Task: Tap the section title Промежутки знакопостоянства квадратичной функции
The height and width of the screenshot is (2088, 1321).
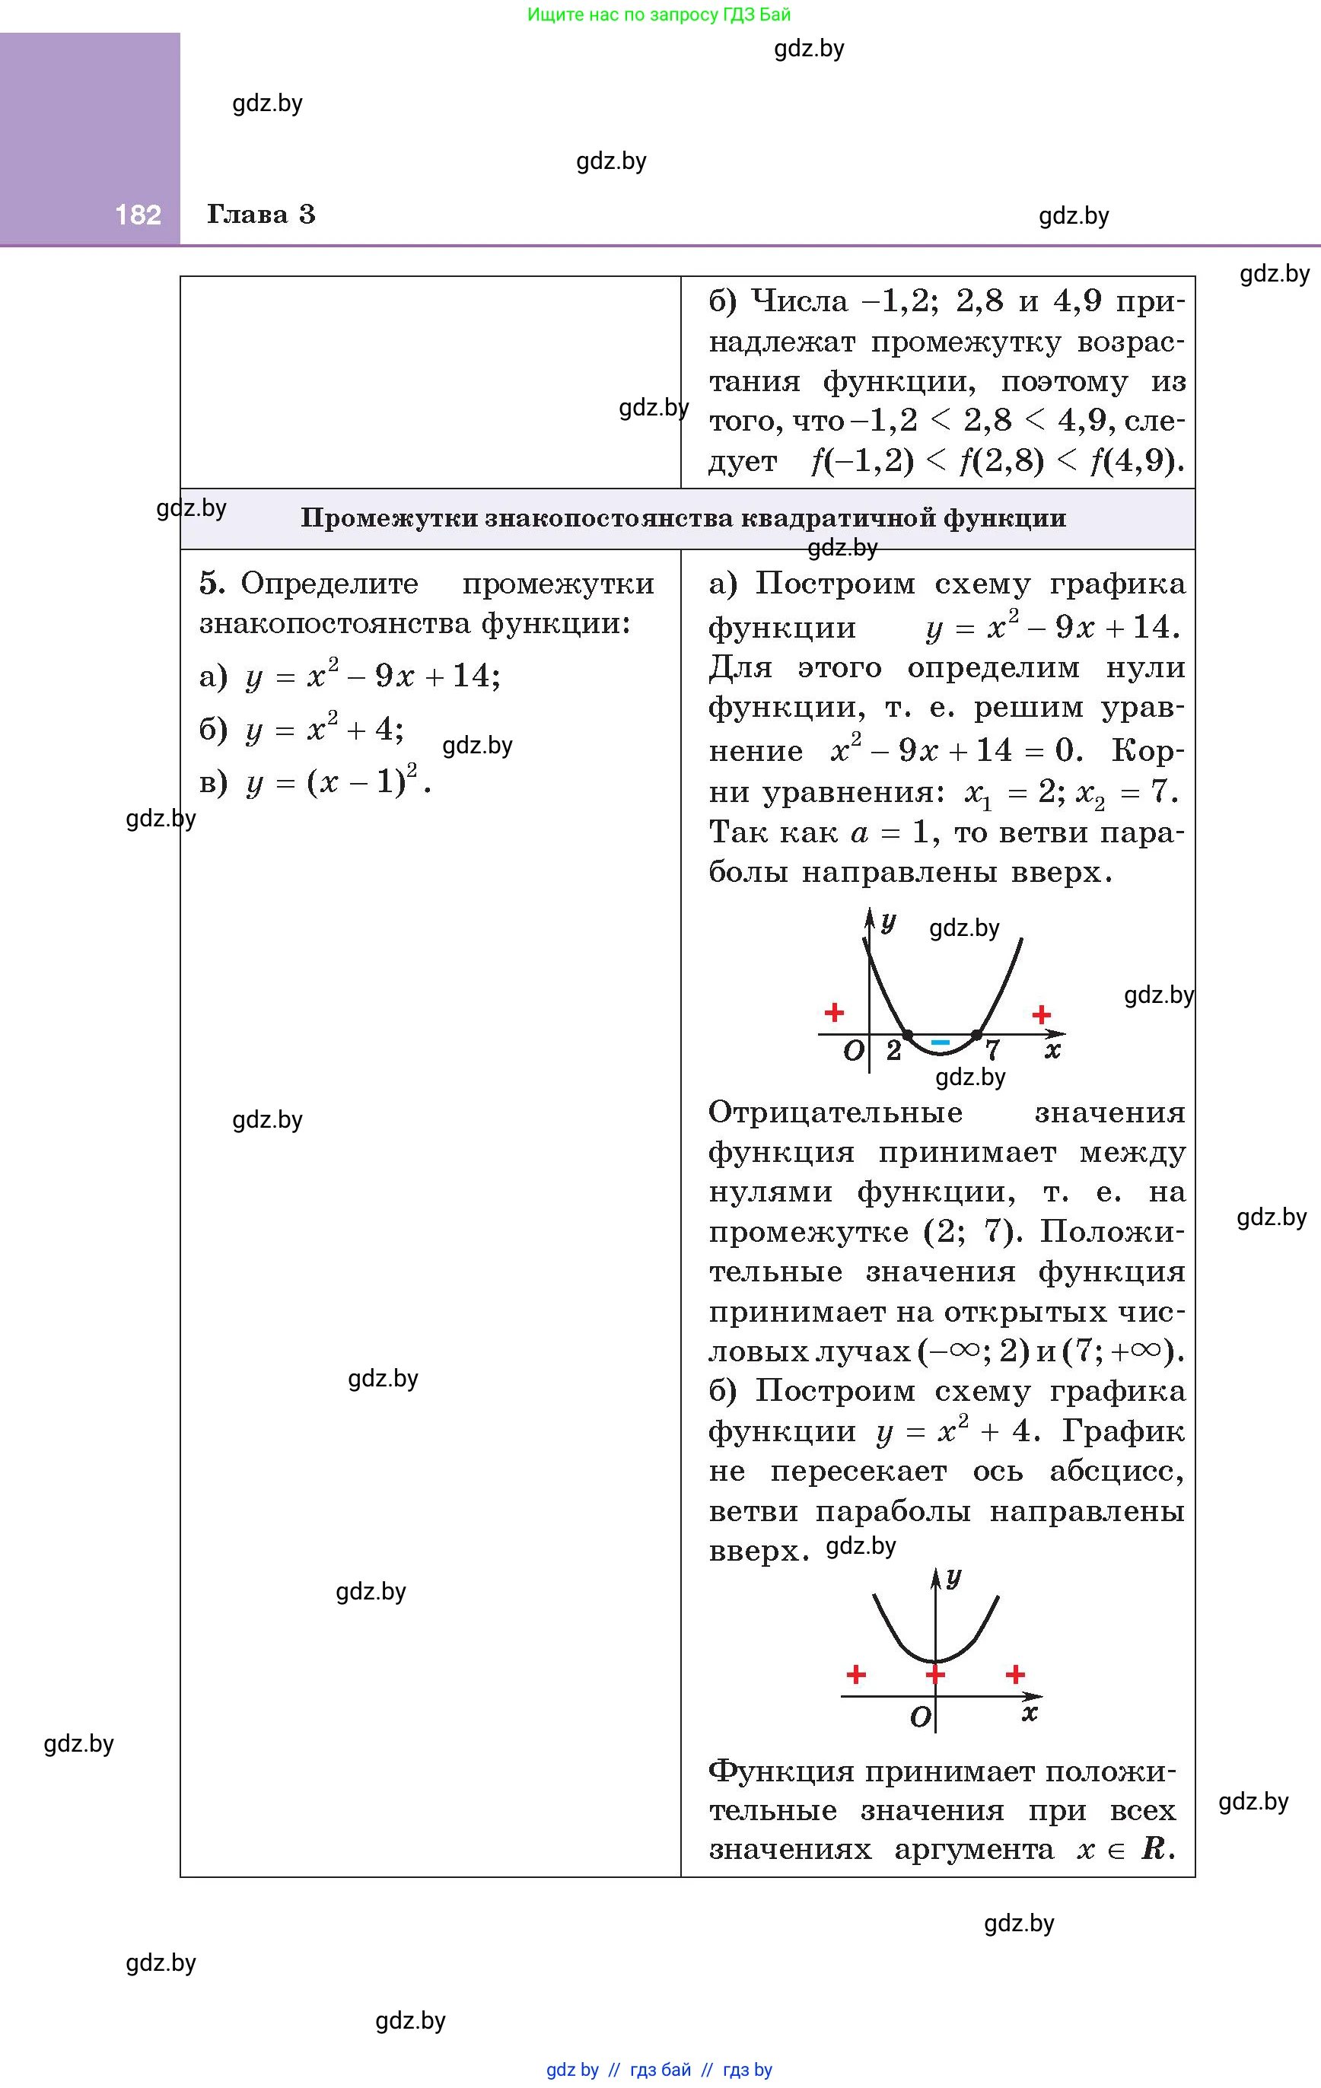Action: coord(683,518)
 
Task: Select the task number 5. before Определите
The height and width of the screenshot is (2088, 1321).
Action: coord(212,584)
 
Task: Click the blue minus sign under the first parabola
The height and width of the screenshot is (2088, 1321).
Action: coord(941,1042)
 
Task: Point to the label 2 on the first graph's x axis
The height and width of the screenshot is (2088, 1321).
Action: coord(894,1052)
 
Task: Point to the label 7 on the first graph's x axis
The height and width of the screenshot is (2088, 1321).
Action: coord(992,1052)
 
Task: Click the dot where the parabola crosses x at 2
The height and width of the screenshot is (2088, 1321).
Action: coord(907,1034)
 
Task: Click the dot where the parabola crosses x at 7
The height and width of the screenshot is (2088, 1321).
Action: coord(976,1034)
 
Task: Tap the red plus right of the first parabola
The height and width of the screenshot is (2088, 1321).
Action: coord(1042,1014)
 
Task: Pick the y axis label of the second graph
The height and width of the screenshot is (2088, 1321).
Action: coord(954,1577)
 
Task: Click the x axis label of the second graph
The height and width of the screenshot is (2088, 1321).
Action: coord(1030,1713)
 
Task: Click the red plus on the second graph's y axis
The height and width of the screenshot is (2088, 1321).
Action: coord(935,1673)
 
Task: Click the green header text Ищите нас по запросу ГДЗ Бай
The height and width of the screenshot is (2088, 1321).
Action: coord(659,14)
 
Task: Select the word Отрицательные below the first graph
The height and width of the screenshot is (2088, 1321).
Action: coord(836,1112)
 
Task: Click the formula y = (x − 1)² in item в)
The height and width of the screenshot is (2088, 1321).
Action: coord(339,783)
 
